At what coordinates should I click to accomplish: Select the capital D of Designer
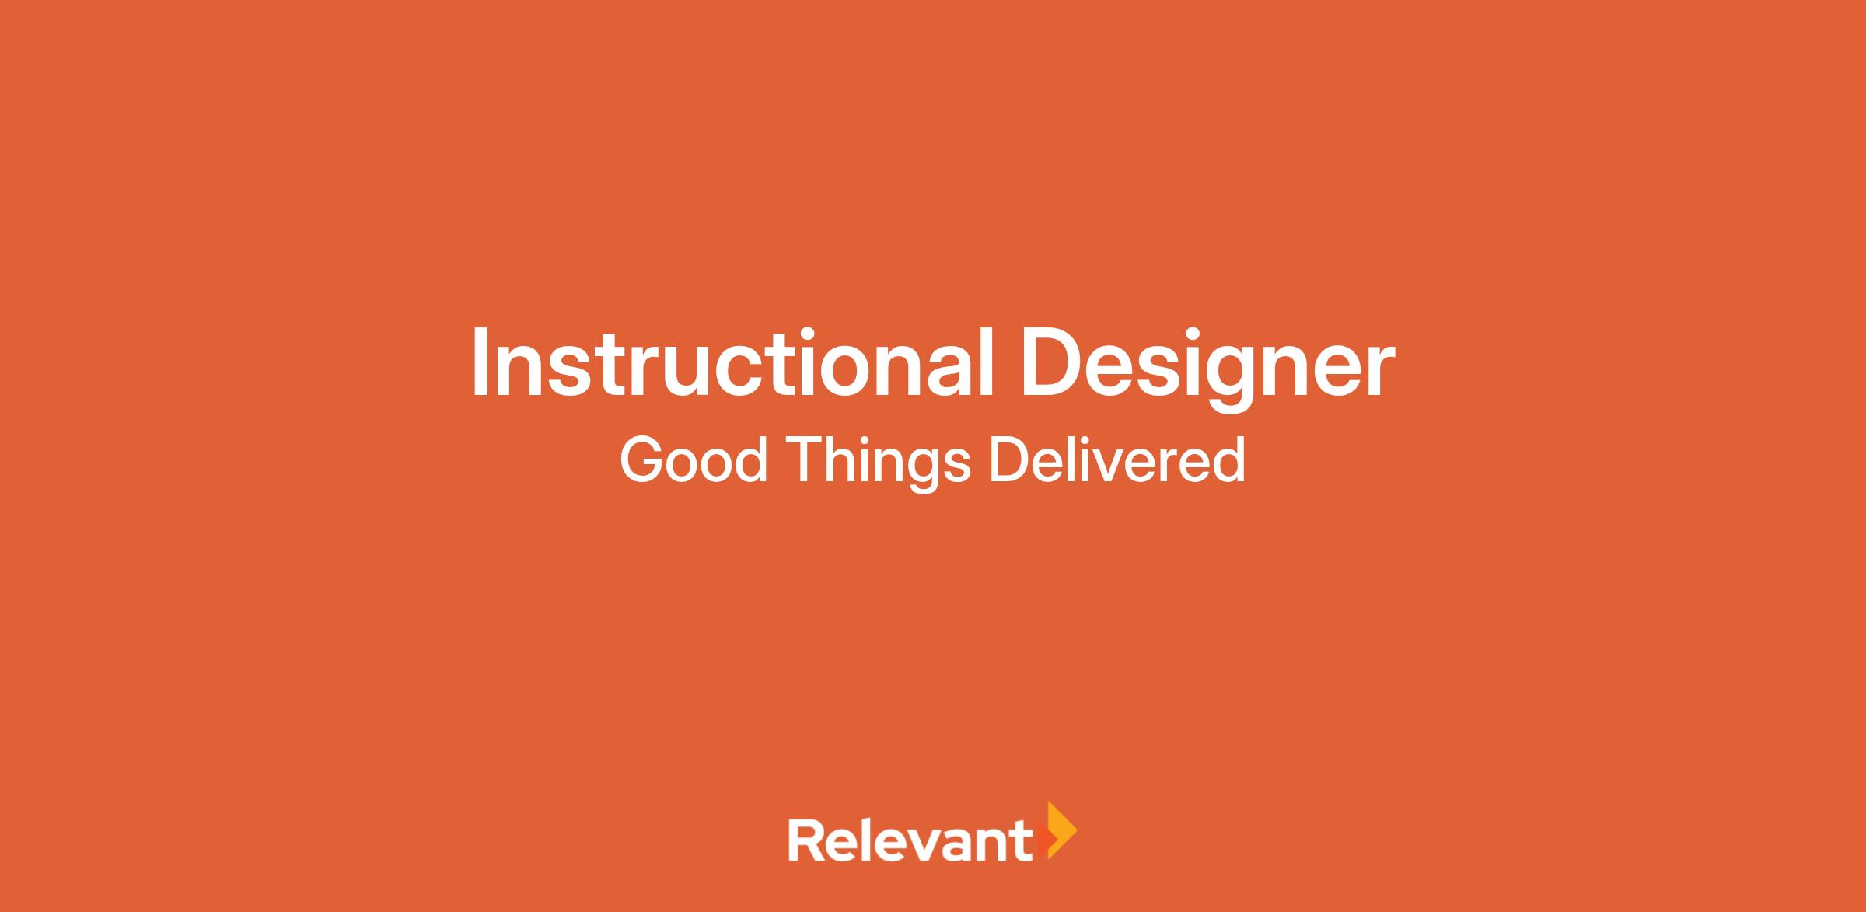[x=1054, y=363]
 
